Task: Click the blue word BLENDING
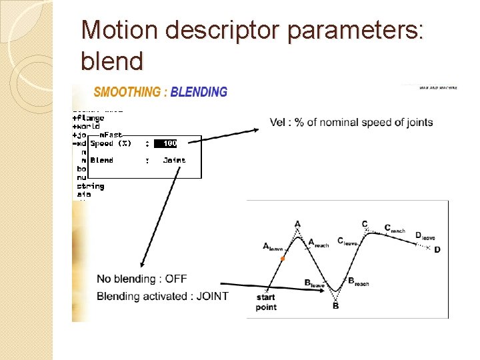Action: [x=199, y=93]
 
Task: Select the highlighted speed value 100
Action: [x=170, y=143]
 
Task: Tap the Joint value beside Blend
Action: [x=174, y=160]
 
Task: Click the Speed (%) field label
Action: [x=111, y=143]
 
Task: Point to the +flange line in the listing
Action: [x=88, y=118]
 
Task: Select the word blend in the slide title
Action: [x=111, y=61]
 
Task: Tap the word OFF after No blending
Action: [x=176, y=279]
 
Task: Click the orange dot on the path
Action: [x=283, y=258]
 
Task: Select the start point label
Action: [x=266, y=302]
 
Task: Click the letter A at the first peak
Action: [x=297, y=224]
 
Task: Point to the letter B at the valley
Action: [x=335, y=306]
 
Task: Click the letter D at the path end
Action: [x=437, y=250]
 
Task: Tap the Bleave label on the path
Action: [x=314, y=283]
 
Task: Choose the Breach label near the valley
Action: [x=358, y=282]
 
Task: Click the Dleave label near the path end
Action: [x=425, y=235]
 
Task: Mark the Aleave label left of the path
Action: [x=274, y=247]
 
